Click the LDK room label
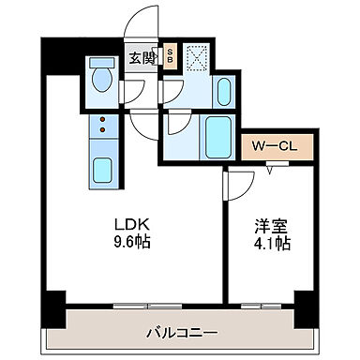130,225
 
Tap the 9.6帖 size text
130,241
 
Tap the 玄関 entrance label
142,57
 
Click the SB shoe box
170,56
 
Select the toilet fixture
100,79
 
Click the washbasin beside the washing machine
222,92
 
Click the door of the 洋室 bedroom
235,186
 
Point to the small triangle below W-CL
271,168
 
